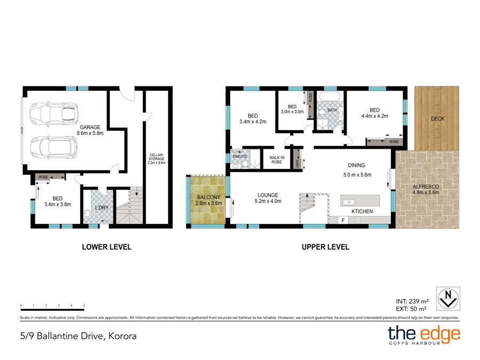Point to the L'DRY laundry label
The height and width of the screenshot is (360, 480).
(101, 207)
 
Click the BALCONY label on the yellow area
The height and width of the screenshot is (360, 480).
(208, 196)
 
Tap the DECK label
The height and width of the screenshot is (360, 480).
(437, 118)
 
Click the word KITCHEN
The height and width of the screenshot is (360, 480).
(362, 212)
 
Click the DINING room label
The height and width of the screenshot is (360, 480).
(357, 165)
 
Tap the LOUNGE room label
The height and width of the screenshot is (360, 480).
(267, 195)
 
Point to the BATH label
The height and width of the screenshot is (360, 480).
(332, 111)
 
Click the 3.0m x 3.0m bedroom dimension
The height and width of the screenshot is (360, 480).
(292, 112)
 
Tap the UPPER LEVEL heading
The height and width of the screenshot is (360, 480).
(325, 247)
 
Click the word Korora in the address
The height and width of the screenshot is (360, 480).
(122, 336)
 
